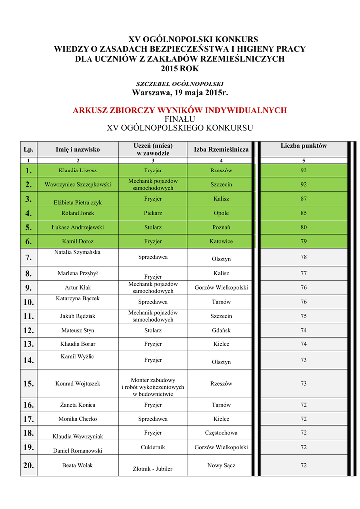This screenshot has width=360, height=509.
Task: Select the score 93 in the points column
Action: click(x=303, y=170)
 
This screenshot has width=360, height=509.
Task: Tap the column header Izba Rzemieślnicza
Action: click(x=221, y=149)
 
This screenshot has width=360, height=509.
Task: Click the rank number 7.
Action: click(x=28, y=257)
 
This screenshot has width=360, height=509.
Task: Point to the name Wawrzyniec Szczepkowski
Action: click(x=78, y=184)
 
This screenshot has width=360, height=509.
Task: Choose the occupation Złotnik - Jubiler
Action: click(x=153, y=468)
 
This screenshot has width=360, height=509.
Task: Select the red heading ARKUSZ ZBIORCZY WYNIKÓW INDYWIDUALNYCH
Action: click(x=180, y=110)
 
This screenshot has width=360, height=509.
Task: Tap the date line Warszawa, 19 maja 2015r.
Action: click(x=180, y=93)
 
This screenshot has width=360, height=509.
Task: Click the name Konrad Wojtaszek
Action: click(x=78, y=383)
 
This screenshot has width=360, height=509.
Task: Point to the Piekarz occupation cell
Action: click(x=153, y=213)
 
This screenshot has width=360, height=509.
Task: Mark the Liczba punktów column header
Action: click(x=303, y=146)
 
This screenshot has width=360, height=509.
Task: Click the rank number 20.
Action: click(x=28, y=465)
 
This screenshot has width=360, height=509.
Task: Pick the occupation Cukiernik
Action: click(x=153, y=447)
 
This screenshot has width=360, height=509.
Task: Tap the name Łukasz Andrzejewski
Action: click(x=78, y=227)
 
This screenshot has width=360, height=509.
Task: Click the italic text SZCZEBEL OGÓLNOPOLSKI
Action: click(x=180, y=84)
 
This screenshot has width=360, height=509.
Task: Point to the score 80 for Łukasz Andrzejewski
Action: click(x=303, y=227)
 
